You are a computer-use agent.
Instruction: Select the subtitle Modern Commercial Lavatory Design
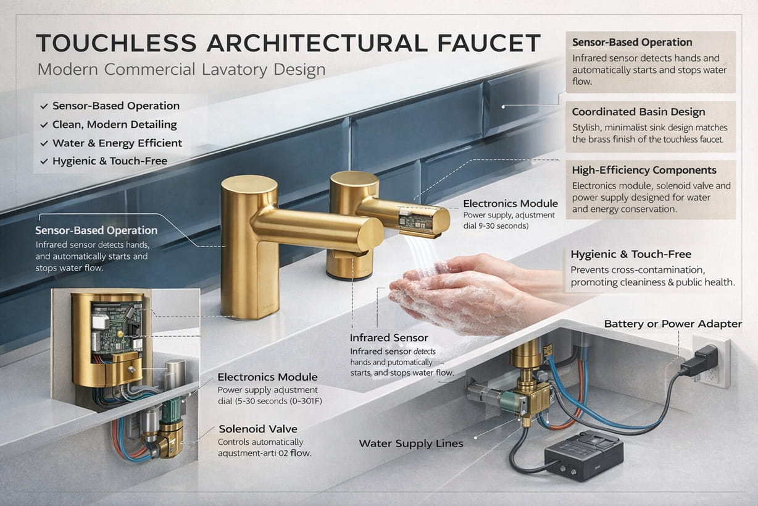181,69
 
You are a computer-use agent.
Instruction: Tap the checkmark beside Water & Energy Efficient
44,143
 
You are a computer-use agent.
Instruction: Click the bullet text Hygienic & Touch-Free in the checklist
110,161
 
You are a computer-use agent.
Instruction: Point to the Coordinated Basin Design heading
638,112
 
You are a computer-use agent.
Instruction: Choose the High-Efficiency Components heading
644,170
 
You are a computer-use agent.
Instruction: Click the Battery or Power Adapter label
673,324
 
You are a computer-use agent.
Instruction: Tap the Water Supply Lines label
410,443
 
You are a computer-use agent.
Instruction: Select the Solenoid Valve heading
257,429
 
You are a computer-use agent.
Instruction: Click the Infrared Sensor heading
388,338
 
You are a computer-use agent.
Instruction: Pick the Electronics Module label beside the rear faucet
510,203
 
